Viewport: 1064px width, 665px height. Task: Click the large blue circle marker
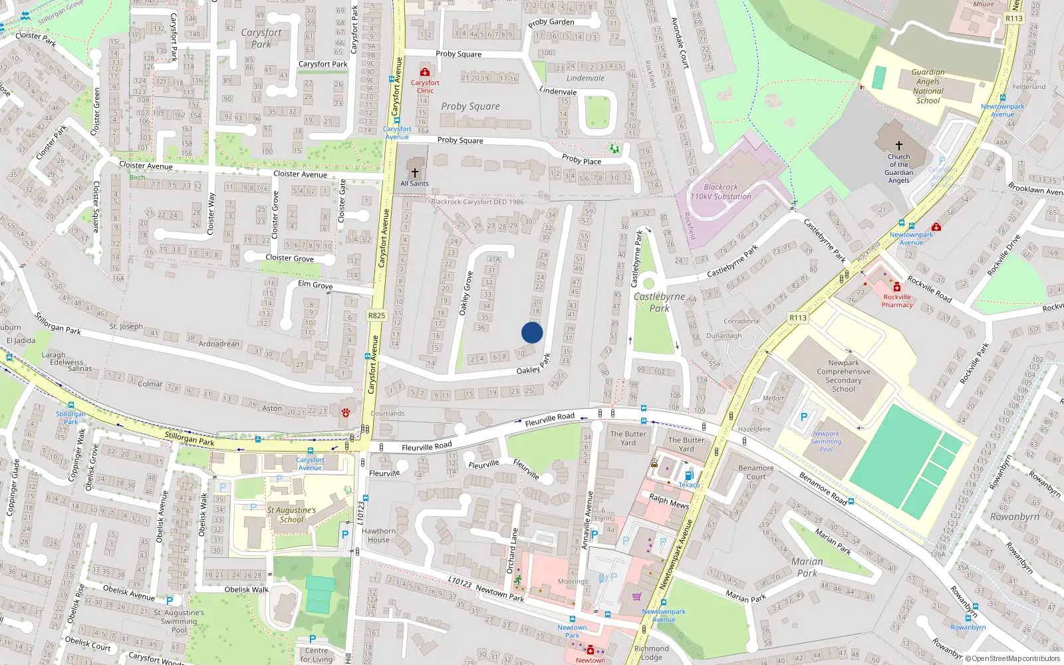click(532, 332)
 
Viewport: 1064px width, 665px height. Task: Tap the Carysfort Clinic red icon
click(425, 72)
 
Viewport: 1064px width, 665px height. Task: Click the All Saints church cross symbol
click(414, 173)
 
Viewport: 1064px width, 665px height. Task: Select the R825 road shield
click(376, 315)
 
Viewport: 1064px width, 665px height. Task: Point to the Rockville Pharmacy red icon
click(897, 287)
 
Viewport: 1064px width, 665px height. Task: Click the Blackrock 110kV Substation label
click(721, 192)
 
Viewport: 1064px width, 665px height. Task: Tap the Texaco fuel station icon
click(689, 475)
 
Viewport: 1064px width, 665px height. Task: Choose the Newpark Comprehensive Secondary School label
click(843, 376)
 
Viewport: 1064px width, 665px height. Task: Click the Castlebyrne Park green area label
click(659, 303)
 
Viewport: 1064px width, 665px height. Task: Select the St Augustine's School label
click(291, 515)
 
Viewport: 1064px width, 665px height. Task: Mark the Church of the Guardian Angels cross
click(898, 145)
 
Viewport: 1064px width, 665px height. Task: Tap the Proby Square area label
click(470, 106)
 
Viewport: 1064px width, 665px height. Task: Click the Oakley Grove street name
click(467, 293)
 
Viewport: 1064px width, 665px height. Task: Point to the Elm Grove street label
click(315, 285)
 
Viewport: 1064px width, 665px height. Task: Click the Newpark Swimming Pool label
click(826, 442)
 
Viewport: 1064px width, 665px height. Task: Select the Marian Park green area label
click(807, 567)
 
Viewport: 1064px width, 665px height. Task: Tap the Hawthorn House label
click(378, 535)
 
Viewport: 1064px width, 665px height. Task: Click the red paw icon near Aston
click(346, 413)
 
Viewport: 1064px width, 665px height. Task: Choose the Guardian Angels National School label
click(928, 86)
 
